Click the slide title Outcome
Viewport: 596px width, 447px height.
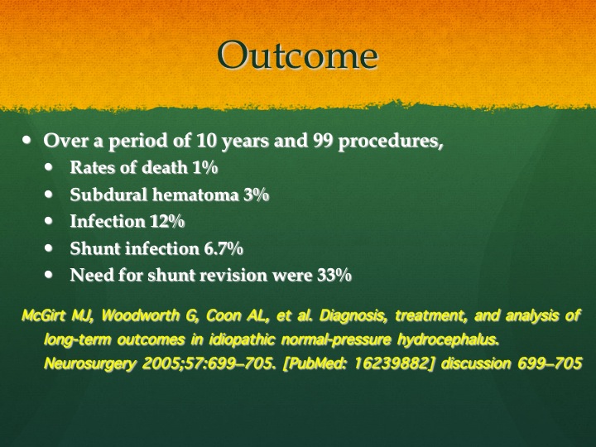[298, 55]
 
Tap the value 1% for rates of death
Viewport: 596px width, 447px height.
[205, 167]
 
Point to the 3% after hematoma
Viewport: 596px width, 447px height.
[256, 195]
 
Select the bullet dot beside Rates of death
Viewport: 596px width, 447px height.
[49, 167]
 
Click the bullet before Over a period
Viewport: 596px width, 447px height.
[26, 140]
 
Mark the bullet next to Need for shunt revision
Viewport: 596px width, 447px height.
[49, 275]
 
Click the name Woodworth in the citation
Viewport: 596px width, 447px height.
[140, 315]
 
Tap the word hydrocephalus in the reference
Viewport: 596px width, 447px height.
[448, 339]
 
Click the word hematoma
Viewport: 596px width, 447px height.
[195, 195]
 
